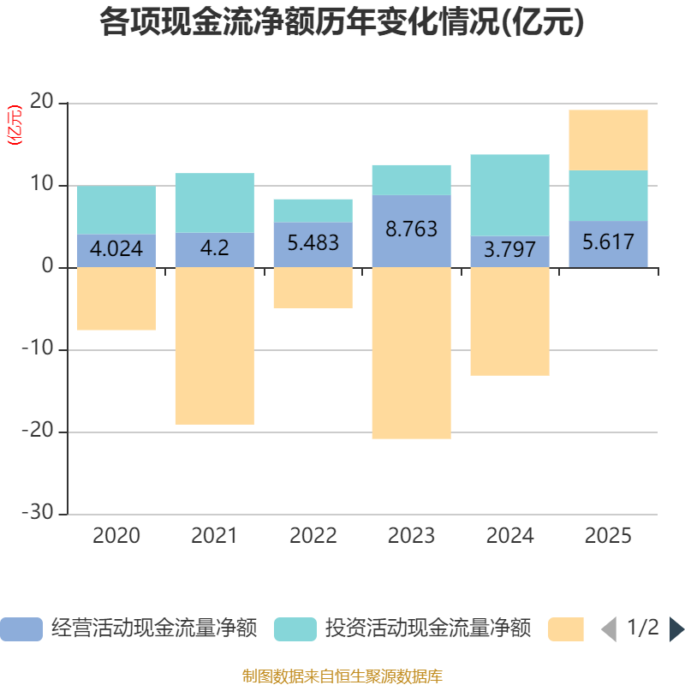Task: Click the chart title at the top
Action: click(x=342, y=23)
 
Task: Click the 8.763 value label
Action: click(x=411, y=229)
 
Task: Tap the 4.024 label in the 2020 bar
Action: click(x=116, y=249)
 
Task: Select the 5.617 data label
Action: click(x=608, y=241)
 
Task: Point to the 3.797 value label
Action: click(x=509, y=250)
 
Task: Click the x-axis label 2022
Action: click(x=313, y=536)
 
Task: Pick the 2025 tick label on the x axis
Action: click(x=608, y=536)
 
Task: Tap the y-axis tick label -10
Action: click(x=38, y=349)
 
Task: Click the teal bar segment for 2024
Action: click(x=509, y=194)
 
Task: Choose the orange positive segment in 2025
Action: click(x=608, y=140)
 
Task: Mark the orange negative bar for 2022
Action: click(x=313, y=288)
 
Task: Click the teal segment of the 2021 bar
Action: click(x=214, y=203)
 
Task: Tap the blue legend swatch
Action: click(x=21, y=629)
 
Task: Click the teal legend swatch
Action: click(x=295, y=629)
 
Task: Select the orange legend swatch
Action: click(x=566, y=629)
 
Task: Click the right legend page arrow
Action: click(x=676, y=629)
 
